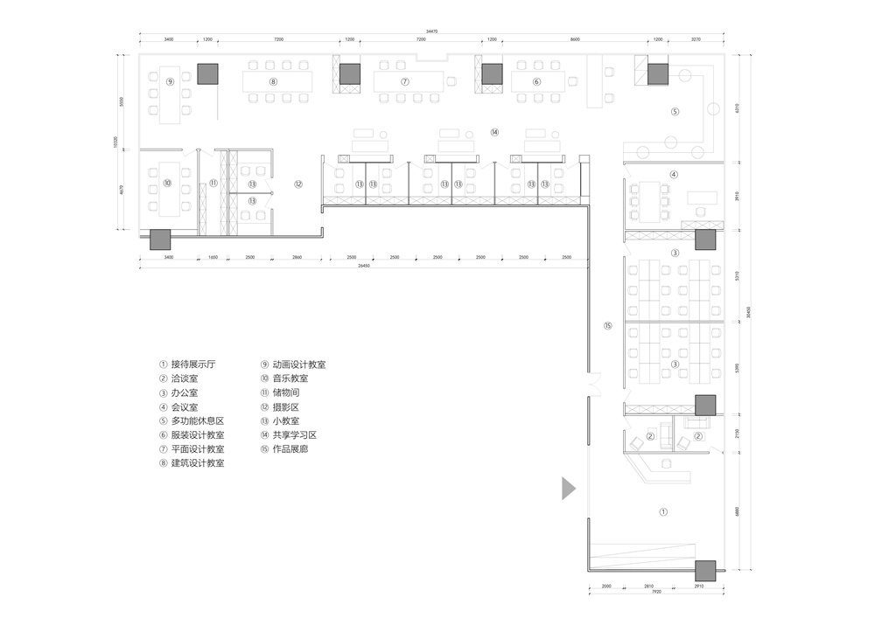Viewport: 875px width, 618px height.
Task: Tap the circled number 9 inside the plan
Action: (x=171, y=81)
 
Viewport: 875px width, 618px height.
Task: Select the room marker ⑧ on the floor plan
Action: (x=273, y=81)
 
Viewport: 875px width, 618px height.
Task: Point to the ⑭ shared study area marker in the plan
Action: (x=494, y=132)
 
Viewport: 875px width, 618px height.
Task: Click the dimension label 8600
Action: (x=574, y=40)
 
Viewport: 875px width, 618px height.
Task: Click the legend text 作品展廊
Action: (x=290, y=449)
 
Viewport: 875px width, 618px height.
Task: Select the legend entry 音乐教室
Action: (x=290, y=378)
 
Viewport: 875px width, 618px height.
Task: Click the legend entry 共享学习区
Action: (x=293, y=435)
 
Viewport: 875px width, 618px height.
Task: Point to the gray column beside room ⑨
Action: (x=207, y=74)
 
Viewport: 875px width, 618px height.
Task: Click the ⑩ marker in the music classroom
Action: (x=166, y=184)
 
